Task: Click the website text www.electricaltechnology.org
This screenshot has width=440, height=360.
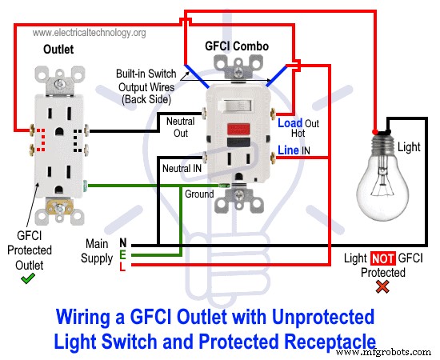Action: (90, 33)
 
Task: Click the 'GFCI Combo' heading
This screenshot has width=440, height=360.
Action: (236, 46)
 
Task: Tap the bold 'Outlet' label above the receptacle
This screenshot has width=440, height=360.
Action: (58, 50)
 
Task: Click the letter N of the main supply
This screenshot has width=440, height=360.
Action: (122, 242)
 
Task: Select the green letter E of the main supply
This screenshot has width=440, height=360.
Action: (122, 254)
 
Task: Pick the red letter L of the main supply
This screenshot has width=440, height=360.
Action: (122, 266)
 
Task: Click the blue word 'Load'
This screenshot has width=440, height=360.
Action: (290, 123)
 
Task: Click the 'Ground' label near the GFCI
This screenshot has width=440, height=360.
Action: (199, 194)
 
